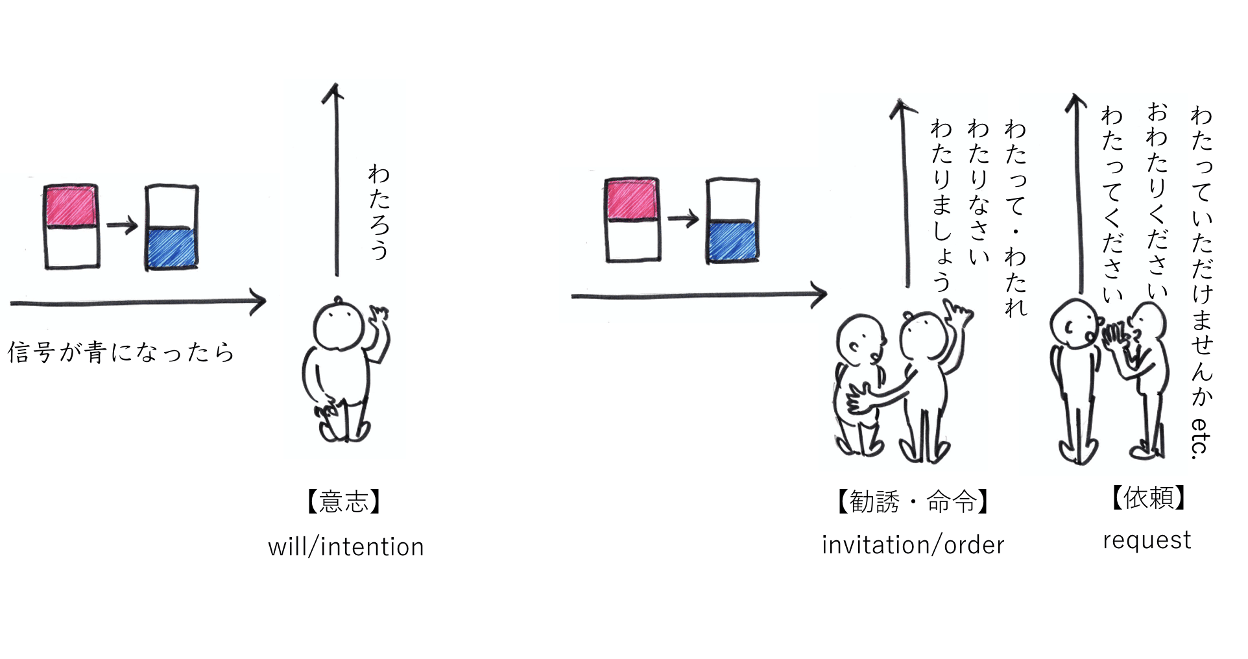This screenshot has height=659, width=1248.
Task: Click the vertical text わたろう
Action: tap(378, 211)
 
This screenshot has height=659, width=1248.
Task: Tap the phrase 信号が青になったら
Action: tap(121, 352)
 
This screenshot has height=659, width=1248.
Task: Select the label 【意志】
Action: tap(344, 501)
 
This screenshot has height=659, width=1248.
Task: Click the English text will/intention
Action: tap(346, 547)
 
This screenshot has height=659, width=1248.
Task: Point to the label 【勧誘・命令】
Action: tap(913, 501)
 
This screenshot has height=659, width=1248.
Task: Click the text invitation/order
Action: tap(913, 545)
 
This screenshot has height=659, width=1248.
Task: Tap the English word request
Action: tap(1147, 540)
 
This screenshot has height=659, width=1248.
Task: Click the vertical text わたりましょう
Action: tap(941, 205)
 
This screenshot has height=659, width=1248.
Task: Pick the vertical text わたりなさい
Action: tap(978, 192)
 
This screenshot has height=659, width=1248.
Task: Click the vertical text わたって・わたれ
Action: tap(1015, 218)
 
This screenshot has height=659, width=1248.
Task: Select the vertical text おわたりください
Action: tap(1157, 198)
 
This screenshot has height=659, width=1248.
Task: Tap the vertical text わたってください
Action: tap(1112, 205)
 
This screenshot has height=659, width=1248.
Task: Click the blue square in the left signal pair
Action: tap(172, 247)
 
